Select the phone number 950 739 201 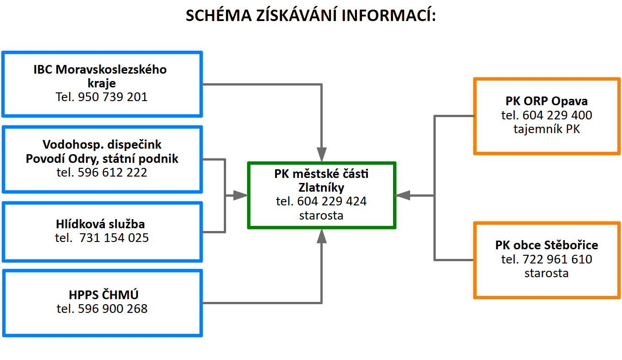pyautogui.click(x=113, y=97)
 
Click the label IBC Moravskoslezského pyautogui.click(x=100, y=70)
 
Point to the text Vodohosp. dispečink pyautogui.click(x=102, y=145)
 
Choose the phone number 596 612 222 pyautogui.click(x=112, y=172)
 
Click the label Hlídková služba pyautogui.click(x=100, y=224)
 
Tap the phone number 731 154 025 pyautogui.click(x=114, y=238)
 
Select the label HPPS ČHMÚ pyautogui.click(x=103, y=295)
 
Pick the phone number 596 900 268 pyautogui.click(x=113, y=309)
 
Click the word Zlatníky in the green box pyautogui.click(x=321, y=188)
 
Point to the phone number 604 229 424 pyautogui.click(x=332, y=201)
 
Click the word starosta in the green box pyautogui.click(x=321, y=215)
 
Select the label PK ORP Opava pyautogui.click(x=546, y=101)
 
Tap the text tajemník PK pyautogui.click(x=546, y=129)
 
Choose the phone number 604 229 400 pyautogui.click(x=557, y=115)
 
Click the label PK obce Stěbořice pyautogui.click(x=546, y=245)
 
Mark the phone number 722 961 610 pyautogui.click(x=557, y=259)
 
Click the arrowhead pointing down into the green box pyautogui.click(x=322, y=154)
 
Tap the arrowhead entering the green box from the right pyautogui.click(x=402, y=195)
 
